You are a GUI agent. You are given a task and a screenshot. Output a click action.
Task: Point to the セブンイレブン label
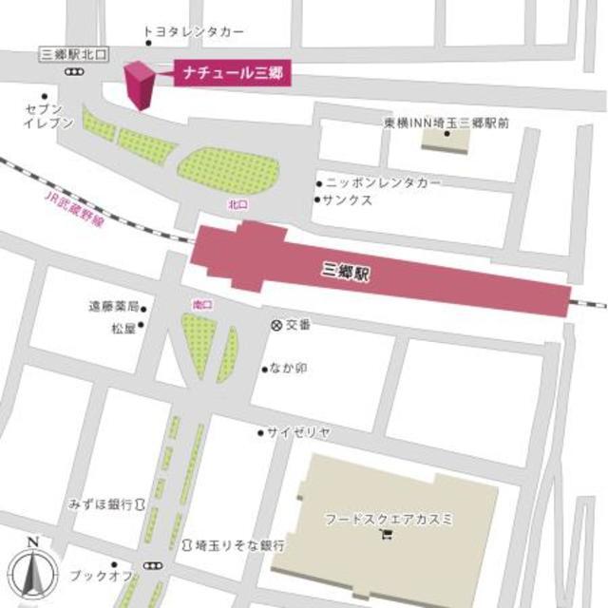(44, 117)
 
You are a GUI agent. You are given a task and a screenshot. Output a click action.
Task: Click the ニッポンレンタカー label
(384, 181)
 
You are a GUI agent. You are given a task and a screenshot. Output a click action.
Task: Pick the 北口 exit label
(237, 204)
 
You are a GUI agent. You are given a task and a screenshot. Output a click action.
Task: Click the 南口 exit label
(201, 304)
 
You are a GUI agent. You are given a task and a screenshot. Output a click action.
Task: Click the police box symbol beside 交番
(276, 325)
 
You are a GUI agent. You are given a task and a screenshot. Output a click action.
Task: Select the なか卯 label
(289, 368)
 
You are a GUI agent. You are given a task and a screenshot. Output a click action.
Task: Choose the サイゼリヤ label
(299, 432)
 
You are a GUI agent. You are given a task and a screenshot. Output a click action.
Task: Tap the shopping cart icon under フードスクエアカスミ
(386, 537)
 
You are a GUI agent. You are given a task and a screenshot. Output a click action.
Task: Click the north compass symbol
(32, 568)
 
